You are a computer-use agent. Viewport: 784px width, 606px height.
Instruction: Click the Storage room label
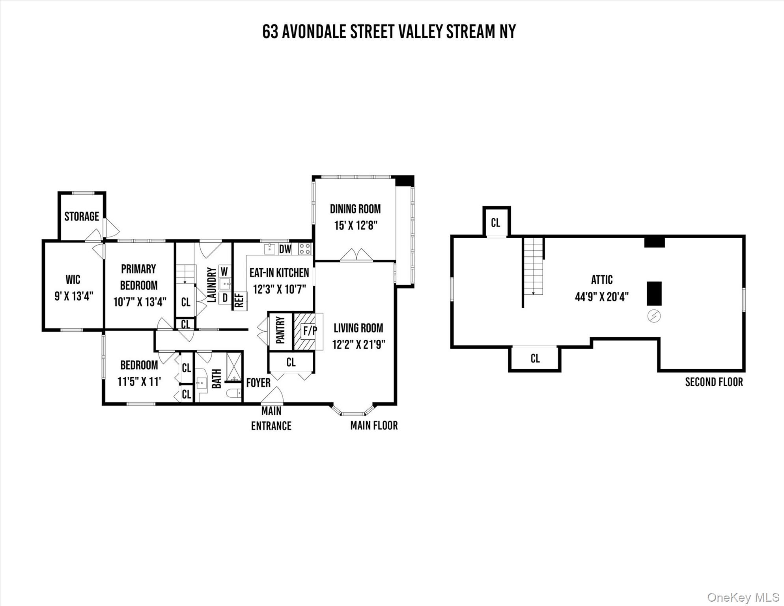[82, 216]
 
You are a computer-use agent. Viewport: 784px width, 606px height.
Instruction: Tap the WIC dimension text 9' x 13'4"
[74, 296]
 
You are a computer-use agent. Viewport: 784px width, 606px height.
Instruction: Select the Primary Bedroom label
[138, 277]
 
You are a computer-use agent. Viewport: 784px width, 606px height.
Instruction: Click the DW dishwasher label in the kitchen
[285, 249]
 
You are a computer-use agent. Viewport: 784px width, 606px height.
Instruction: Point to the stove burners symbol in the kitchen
[305, 249]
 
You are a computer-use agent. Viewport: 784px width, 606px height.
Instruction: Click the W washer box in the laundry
[224, 271]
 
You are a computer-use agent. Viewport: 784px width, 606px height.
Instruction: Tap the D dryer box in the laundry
[225, 298]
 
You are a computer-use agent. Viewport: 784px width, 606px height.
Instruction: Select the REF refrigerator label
[239, 301]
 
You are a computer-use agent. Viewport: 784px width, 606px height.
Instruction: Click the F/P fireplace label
[309, 331]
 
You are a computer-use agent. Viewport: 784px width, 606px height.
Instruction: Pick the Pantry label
[280, 330]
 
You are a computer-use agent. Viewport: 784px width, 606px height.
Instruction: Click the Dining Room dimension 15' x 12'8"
[356, 226]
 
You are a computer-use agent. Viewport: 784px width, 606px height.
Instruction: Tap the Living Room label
[358, 328]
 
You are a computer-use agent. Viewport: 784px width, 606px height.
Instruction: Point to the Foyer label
[258, 383]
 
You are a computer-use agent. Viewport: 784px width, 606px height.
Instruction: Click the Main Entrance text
[271, 418]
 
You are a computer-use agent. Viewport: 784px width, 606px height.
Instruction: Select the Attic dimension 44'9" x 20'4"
[602, 297]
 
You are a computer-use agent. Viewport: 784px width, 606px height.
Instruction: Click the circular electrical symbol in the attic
[654, 316]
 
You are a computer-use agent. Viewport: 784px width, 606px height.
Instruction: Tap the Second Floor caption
[714, 382]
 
